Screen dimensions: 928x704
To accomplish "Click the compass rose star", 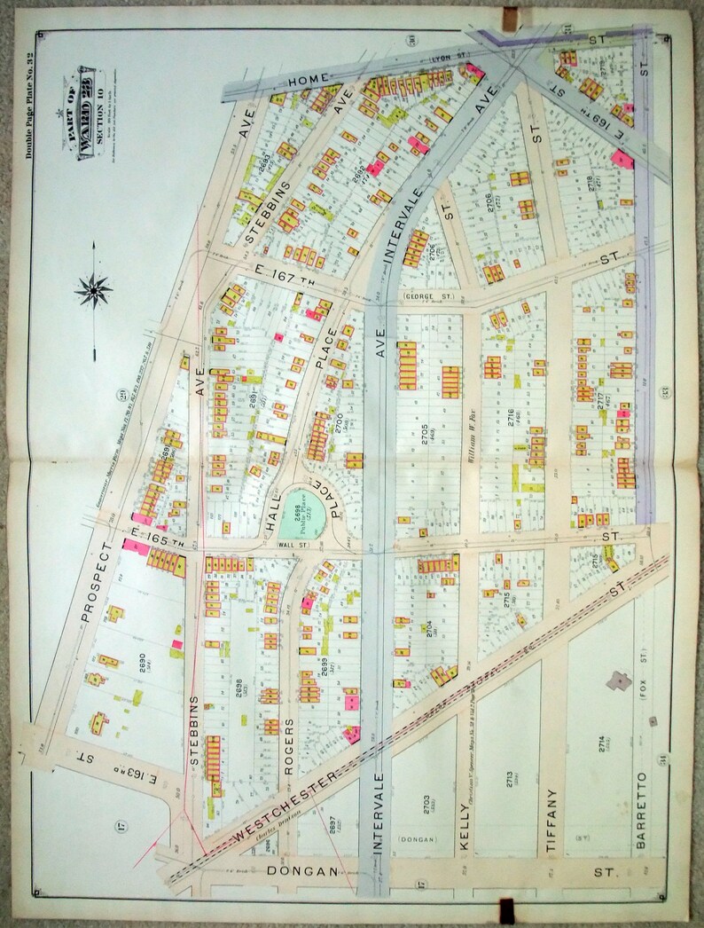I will [94, 287].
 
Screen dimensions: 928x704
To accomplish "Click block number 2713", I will [511, 780].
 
